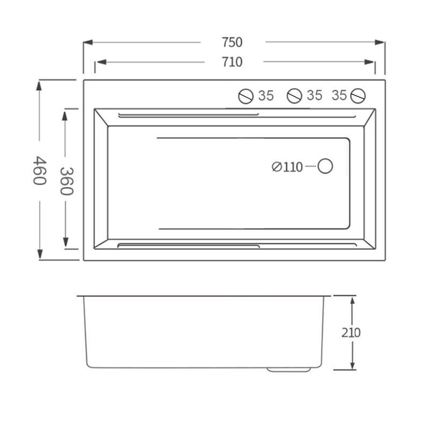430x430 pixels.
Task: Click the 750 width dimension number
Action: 232,42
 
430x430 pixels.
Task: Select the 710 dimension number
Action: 232,62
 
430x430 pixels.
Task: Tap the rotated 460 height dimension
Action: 40,170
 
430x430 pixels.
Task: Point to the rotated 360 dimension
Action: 67,181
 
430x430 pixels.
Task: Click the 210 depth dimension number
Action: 351,333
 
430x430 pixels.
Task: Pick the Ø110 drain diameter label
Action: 287,167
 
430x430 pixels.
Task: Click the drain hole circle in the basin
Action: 325,166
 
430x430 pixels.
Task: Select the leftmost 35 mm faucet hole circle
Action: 246,96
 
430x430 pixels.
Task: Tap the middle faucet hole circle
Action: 295,96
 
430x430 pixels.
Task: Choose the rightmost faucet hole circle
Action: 358,96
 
